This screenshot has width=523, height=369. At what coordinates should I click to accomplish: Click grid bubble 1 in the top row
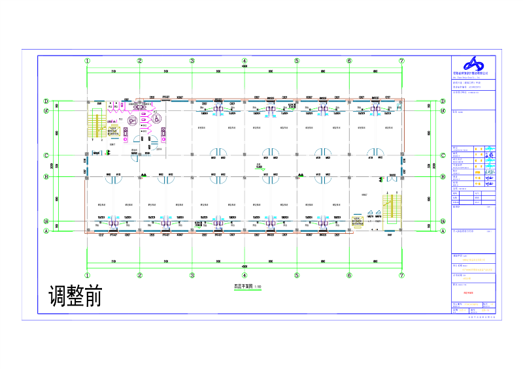click(x=87, y=61)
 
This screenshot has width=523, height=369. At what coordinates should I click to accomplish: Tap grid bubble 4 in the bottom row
click(x=245, y=275)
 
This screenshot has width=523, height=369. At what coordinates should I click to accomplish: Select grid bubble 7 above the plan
click(x=401, y=61)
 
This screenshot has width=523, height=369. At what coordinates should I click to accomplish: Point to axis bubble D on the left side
click(x=46, y=101)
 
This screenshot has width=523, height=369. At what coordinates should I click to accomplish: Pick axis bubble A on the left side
click(x=46, y=231)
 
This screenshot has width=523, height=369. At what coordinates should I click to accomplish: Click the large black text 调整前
click(x=76, y=296)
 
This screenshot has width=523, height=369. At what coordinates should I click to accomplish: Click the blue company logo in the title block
click(x=471, y=65)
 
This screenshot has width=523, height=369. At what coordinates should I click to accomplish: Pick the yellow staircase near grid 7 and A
click(x=390, y=208)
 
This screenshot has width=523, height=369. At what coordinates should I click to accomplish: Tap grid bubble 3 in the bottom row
click(x=192, y=275)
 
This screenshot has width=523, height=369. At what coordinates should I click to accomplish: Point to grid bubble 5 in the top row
click(x=297, y=61)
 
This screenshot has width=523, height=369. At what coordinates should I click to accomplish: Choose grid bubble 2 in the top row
click(x=139, y=61)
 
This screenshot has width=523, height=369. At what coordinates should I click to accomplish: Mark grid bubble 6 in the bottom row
click(x=349, y=275)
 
